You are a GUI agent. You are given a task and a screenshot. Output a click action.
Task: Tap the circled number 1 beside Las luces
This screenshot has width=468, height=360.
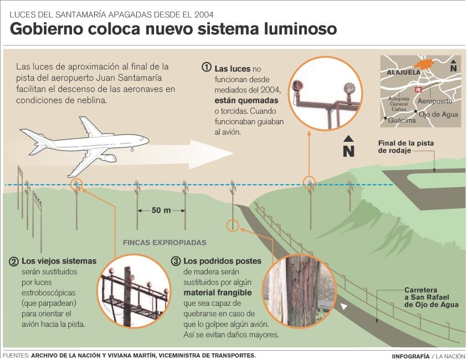coord(207,67)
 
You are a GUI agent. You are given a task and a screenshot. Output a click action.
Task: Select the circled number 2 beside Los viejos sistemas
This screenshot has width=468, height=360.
coord(14,261)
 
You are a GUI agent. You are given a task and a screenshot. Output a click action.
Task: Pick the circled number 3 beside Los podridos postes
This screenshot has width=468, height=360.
coord(176,261)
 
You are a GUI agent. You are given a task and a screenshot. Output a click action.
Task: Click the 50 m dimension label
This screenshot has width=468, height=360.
coord(161,210)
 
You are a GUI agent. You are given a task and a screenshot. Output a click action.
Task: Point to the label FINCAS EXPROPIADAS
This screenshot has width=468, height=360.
coord(164,243)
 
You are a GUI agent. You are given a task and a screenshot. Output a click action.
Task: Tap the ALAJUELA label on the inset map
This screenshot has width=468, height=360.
coord(404,73)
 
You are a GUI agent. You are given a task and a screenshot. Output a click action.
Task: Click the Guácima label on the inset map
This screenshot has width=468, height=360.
coord(402,120)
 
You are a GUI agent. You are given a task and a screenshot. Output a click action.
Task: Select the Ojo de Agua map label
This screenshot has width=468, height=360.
coord(438,115)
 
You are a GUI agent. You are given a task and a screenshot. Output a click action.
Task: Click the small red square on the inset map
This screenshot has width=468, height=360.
coord(419,89)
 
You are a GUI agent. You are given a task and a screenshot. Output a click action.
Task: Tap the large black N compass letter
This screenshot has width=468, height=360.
coord(348,151)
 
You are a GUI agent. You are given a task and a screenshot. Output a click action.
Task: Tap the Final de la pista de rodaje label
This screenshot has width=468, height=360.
coord(405,147)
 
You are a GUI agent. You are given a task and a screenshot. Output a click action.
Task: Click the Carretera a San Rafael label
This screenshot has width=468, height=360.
coord(431,297)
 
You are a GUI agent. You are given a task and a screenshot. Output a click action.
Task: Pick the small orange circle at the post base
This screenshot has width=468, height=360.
coord(233,225)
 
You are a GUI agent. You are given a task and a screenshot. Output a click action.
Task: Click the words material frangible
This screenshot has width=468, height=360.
coord(217,293)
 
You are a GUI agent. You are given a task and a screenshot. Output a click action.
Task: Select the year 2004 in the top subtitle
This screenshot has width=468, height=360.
coord(204,14)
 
